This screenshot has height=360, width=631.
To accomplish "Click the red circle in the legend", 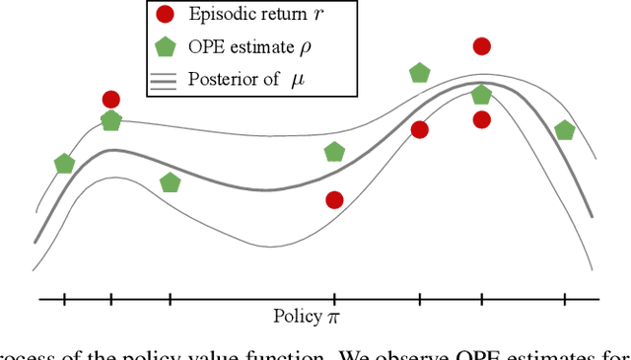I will point(166,14).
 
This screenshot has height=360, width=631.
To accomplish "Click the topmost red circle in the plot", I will point(482,46).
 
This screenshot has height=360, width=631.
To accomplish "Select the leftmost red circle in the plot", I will point(110,99).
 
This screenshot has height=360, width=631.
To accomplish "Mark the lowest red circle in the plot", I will point(334,200).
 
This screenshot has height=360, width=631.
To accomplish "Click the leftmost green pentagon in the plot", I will point(64,164).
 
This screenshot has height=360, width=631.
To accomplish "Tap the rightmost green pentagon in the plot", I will point(565,130).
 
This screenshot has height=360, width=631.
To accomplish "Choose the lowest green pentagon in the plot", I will point(170,182).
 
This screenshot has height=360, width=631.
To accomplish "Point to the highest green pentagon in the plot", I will point(420,73).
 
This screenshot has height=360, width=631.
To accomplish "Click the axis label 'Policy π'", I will point(306,317).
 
